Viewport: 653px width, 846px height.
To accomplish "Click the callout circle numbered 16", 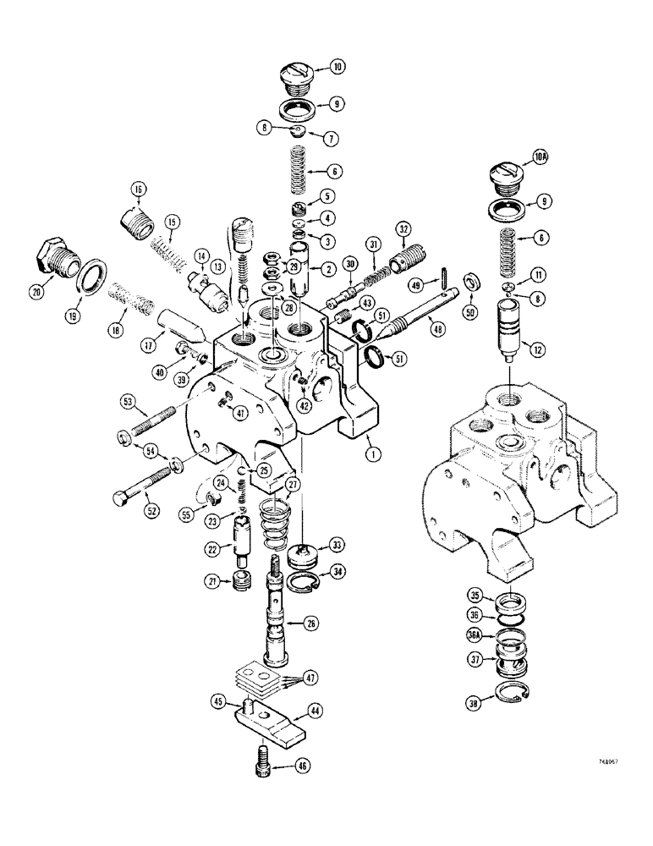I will pyautogui.click(x=138, y=188).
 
